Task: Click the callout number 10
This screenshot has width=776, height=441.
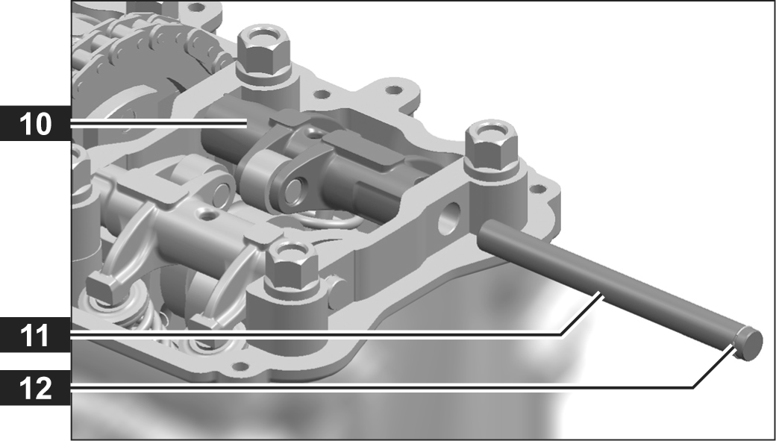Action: click(36, 124)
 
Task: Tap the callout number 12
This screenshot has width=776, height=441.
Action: click(35, 388)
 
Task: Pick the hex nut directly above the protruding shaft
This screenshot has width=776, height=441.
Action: click(492, 147)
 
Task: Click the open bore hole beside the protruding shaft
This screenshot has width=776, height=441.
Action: click(449, 218)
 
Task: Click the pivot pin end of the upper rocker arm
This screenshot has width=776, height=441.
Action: click(293, 190)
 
